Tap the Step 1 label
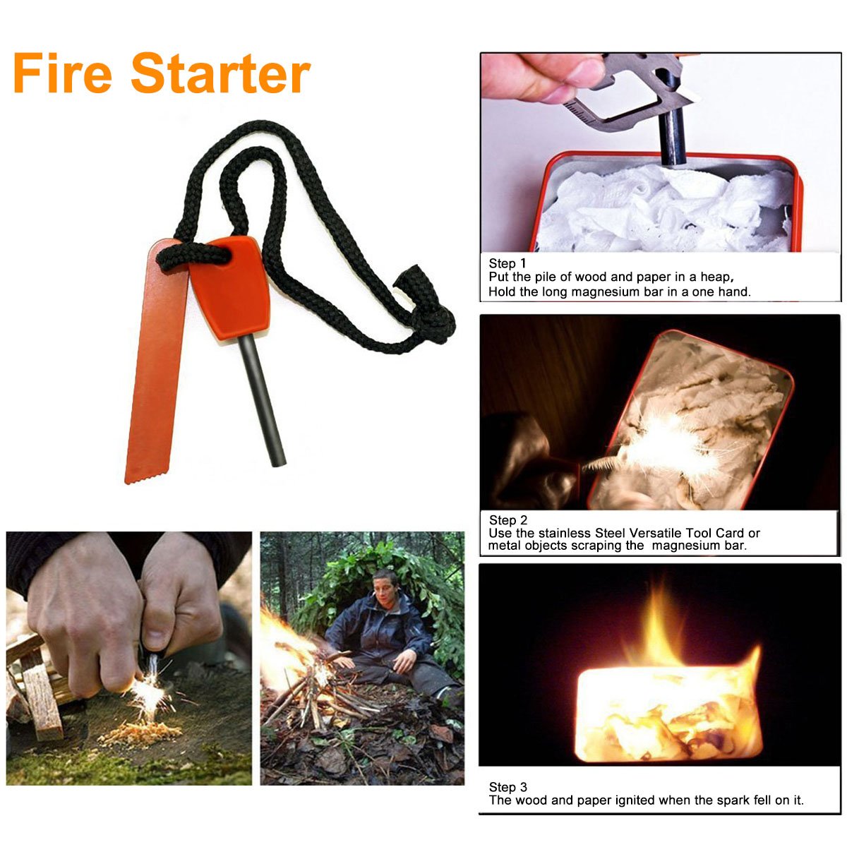(x=507, y=263)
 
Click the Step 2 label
(x=508, y=520)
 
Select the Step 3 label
(x=508, y=787)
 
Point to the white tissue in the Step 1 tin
(x=656, y=208)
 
